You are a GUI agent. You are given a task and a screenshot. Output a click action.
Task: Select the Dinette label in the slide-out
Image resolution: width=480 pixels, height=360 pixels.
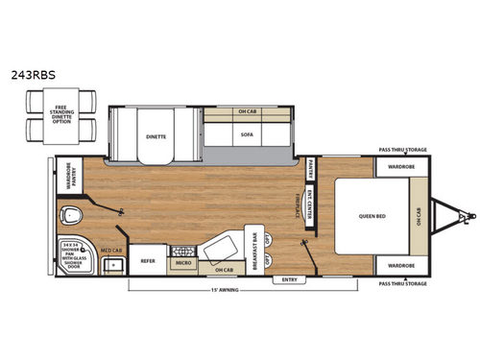[x=156, y=136]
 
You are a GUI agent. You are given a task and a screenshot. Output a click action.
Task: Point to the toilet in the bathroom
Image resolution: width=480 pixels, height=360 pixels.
[x=71, y=214]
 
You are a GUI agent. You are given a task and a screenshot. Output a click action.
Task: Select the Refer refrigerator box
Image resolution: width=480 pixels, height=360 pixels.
[x=148, y=260]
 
